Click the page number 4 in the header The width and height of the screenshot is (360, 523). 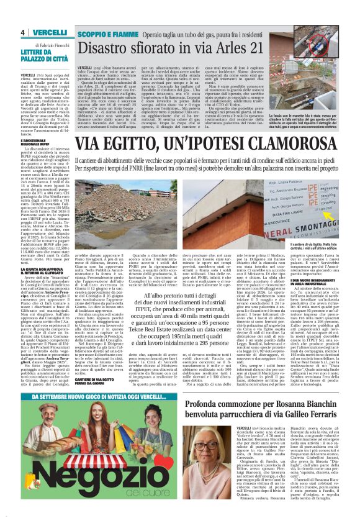click(x=22, y=32)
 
